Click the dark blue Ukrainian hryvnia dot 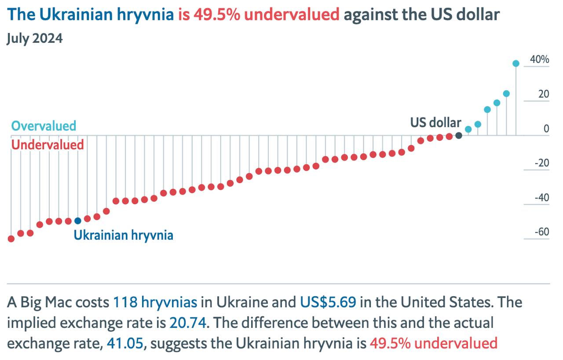pos(78,220)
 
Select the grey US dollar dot pos(459,136)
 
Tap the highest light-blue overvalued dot pos(516,63)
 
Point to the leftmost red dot pos(11,239)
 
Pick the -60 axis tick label pos(542,232)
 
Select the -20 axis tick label pos(542,163)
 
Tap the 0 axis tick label pos(546,129)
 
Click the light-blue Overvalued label pos(44,126)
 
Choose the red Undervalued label pos(48,145)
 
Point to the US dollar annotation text pos(435,122)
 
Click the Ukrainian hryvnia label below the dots pos(123,235)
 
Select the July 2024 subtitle pos(35,39)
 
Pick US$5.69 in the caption pos(328,303)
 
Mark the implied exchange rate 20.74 pos(188,323)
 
